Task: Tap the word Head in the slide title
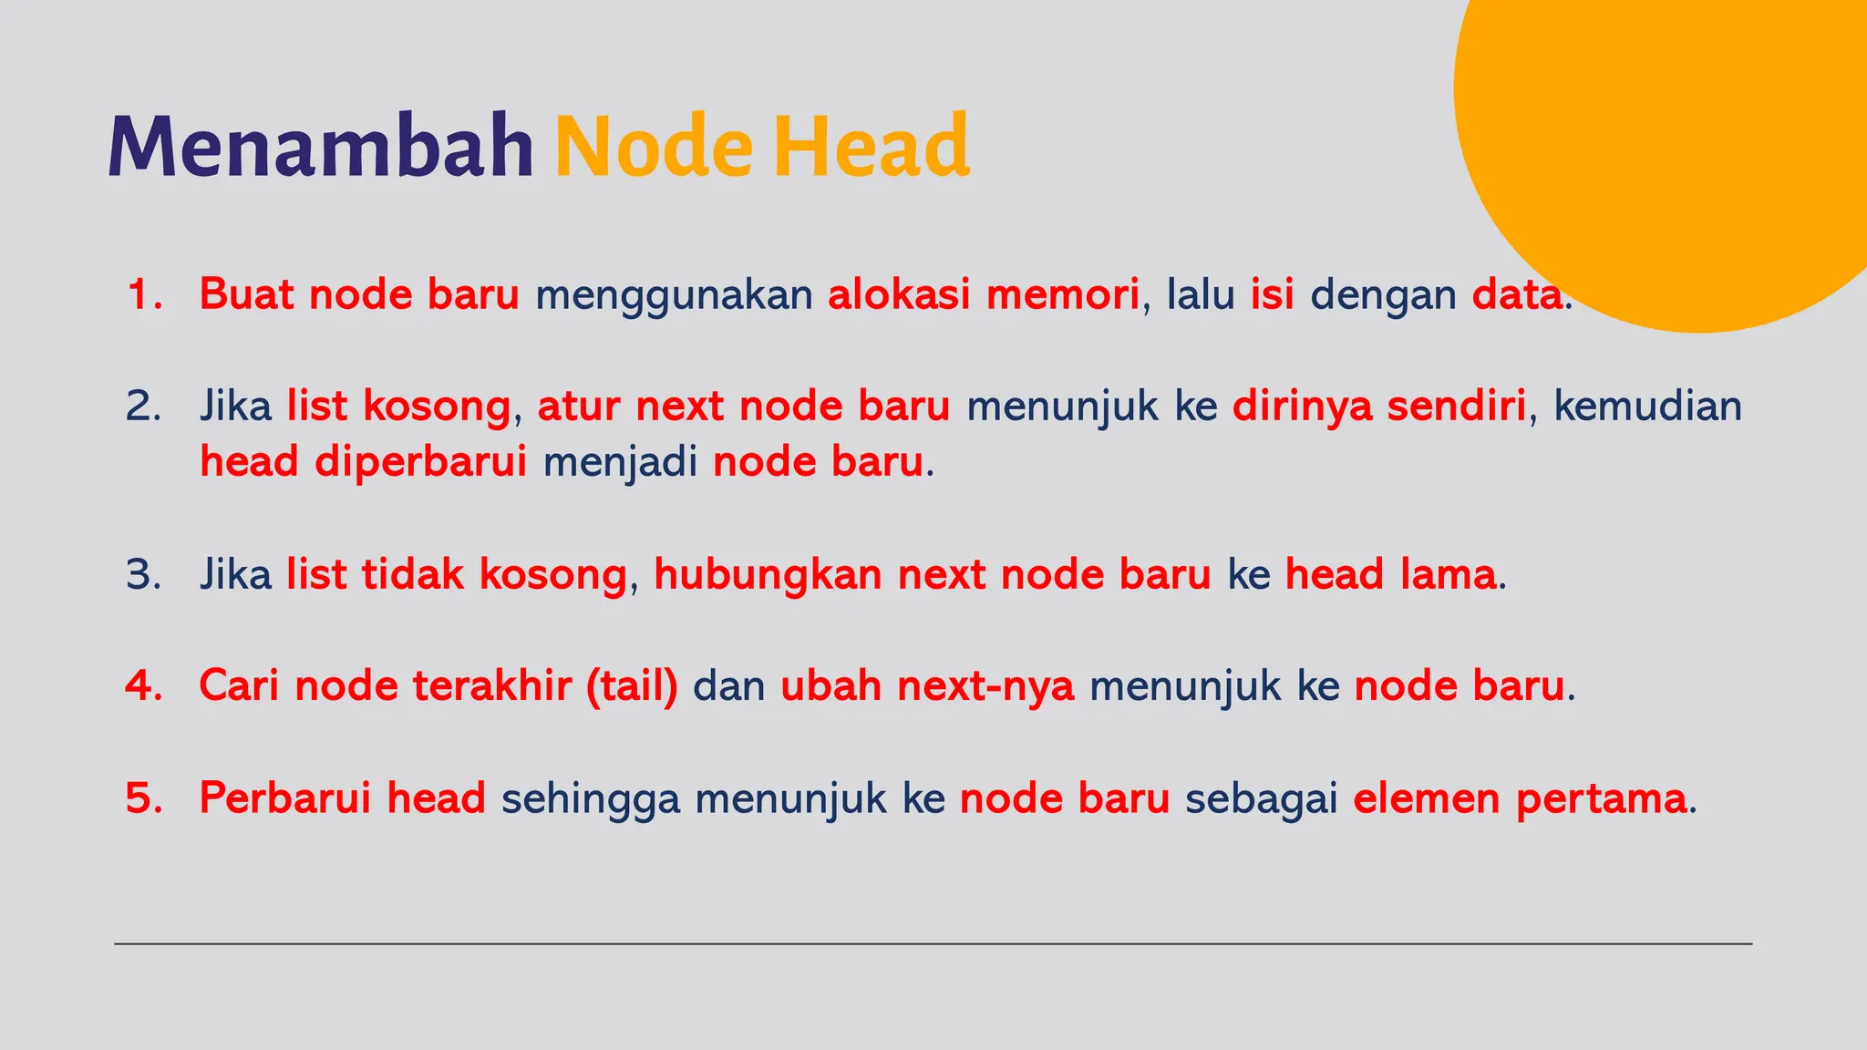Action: pyautogui.click(x=871, y=146)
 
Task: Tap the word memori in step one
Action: pyautogui.click(x=1063, y=295)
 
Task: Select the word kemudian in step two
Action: pyautogui.click(x=1647, y=407)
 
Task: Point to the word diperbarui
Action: pyautogui.click(x=420, y=463)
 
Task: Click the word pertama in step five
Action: pyautogui.click(x=1601, y=798)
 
